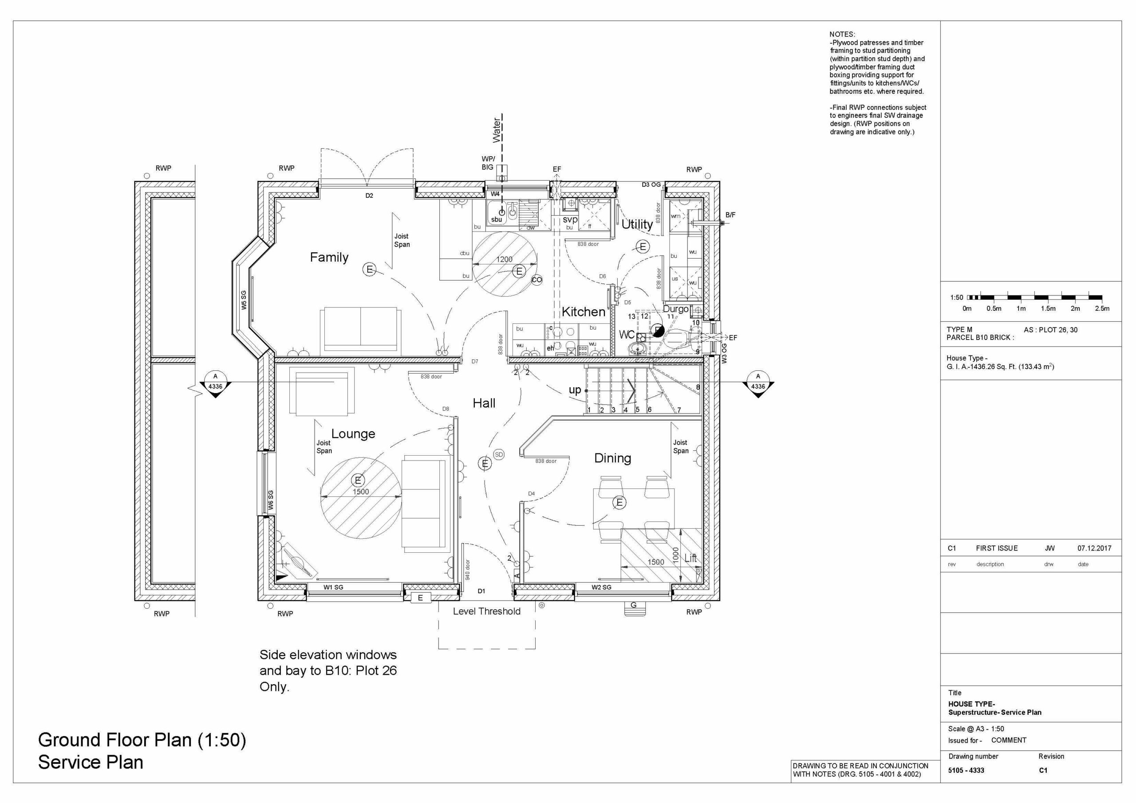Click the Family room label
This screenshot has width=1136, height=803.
[329, 257]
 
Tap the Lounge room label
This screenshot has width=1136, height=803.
[353, 434]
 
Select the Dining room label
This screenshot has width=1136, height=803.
[612, 458]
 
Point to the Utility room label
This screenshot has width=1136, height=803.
[637, 224]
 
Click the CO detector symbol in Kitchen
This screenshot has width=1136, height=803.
[537, 279]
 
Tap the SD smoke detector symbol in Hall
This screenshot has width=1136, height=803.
[499, 455]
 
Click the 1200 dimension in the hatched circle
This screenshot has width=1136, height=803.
[504, 259]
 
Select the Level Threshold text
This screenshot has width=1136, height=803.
[486, 611]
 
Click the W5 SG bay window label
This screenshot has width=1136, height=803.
[244, 300]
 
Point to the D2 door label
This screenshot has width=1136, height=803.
[369, 196]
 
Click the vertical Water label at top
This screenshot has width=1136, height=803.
[497, 130]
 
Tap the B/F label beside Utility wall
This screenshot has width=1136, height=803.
[730, 215]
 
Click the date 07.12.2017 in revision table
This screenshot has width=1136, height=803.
[1094, 548]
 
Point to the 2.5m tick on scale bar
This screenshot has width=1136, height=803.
[1102, 308]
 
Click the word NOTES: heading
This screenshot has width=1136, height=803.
[842, 35]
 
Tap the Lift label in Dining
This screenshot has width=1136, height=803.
[690, 558]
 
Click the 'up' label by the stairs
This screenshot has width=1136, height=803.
[574, 390]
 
